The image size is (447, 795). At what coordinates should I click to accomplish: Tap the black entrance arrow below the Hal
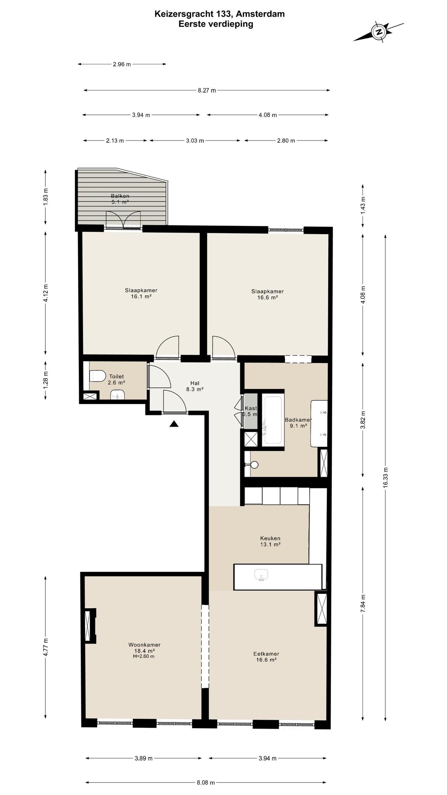(174, 424)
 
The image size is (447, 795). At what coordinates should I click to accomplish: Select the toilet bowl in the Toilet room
(97, 376)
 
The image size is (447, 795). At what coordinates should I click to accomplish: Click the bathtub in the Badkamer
(274, 420)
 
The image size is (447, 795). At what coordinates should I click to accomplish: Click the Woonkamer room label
(144, 645)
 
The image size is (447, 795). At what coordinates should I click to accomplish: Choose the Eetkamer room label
(266, 654)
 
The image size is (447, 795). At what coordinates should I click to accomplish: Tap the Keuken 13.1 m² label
(270, 541)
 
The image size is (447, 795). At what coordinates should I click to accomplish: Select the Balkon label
(120, 196)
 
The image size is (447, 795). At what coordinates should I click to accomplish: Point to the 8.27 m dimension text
(207, 90)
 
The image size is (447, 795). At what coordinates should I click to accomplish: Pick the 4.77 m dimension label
(46, 647)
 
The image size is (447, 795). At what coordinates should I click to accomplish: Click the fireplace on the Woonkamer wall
(90, 626)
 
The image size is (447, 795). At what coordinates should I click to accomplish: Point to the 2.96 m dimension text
(122, 64)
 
